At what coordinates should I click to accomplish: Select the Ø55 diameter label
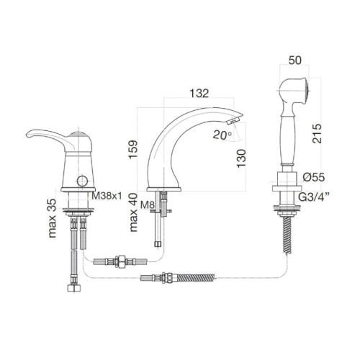315,177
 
